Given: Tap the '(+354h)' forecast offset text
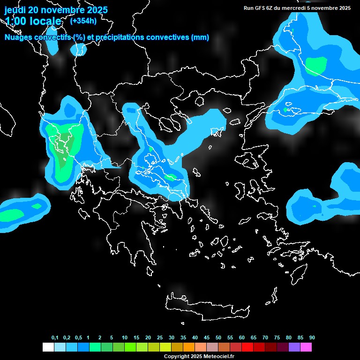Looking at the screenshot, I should click(x=83, y=21).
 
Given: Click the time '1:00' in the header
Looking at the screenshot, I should click(x=15, y=22).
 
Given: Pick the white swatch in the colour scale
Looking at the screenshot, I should click(x=48, y=347).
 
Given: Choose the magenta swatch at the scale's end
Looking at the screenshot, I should click(x=306, y=347).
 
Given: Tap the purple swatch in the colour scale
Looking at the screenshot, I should click(x=294, y=347).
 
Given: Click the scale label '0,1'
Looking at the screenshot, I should click(x=55, y=338).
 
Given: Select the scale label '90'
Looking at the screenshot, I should click(x=312, y=338).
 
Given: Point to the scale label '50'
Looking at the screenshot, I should click(x=218, y=338).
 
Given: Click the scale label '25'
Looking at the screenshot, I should click(x=160, y=338).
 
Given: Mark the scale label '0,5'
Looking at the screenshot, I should click(x=78, y=338).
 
